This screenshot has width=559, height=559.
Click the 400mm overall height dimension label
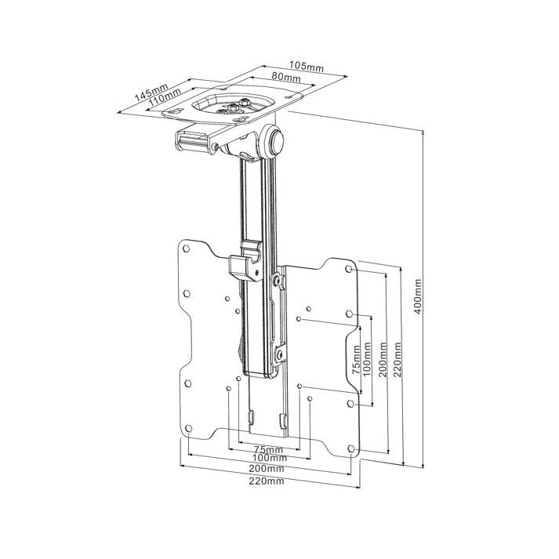point(419,296)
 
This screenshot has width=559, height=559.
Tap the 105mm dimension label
point(307,67)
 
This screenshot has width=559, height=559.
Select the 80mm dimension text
point(286,77)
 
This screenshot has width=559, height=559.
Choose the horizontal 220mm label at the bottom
point(267,481)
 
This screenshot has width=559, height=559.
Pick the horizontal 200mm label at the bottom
point(267,468)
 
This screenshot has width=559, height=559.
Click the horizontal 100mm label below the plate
point(269,458)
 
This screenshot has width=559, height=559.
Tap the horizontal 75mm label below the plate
point(268,449)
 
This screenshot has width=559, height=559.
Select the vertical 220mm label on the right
point(398,359)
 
